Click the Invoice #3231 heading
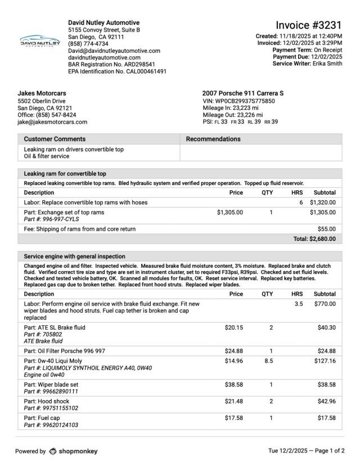[x=308, y=25]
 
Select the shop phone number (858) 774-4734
[x=88, y=43]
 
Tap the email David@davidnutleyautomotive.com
[x=114, y=51]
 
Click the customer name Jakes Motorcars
[x=42, y=93]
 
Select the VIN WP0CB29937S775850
[x=238, y=101]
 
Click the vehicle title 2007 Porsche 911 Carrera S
[x=243, y=93]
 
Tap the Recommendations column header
[x=213, y=139]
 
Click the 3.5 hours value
[x=298, y=304]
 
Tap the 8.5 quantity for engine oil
[x=268, y=361]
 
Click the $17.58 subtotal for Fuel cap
[x=326, y=418]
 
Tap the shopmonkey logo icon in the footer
[x=53, y=451]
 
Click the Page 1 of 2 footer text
[x=327, y=451]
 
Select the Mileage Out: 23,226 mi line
[x=232, y=115]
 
